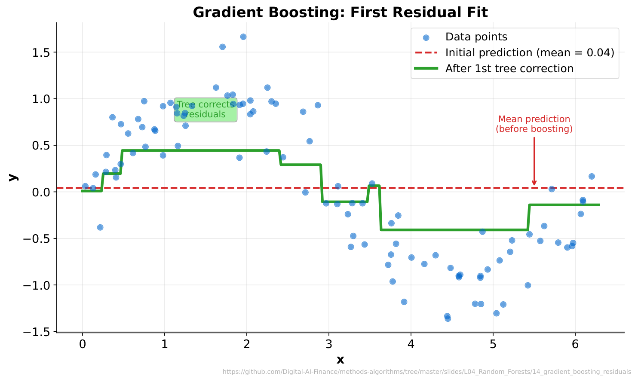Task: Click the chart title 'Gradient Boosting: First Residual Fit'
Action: tap(340, 12)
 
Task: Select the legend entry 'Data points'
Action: tap(476, 37)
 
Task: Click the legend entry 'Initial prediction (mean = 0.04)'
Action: tap(529, 53)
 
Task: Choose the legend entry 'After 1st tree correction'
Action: tap(509, 69)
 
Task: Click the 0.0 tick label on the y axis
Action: tap(42, 192)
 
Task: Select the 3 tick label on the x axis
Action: tap(329, 344)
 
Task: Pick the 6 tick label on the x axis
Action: tap(575, 344)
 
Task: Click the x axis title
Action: tap(340, 360)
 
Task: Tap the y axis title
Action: tap(12, 177)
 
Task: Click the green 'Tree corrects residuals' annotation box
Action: tap(206, 110)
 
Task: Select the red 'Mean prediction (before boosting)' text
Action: tap(534, 124)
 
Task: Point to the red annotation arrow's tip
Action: tap(534, 185)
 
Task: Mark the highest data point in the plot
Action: tap(243, 37)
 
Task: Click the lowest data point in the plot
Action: tap(448, 318)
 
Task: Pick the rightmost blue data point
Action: tap(592, 177)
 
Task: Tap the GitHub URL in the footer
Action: tap(426, 372)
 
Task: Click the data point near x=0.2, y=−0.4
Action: tap(100, 227)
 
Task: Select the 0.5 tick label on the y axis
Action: tap(42, 146)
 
